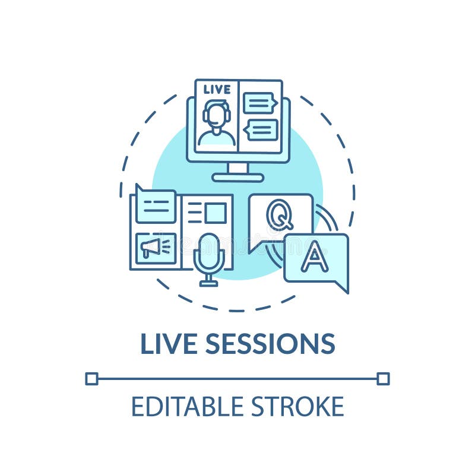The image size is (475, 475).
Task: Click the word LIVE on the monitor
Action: pos(217,90)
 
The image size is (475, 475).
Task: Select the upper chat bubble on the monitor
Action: pos(259,103)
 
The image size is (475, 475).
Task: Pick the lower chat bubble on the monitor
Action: pos(262,129)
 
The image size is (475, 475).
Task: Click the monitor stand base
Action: pos(237,177)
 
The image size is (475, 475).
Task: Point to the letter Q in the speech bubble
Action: pos(279,215)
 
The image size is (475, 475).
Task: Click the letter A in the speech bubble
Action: pos(315,257)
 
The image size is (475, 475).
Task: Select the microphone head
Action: pos(209,250)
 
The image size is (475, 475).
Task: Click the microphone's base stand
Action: pos(208,283)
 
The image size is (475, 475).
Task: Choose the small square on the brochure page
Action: pos(215,213)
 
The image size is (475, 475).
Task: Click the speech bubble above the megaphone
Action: pos(155,205)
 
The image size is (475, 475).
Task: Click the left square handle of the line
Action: pos(91,378)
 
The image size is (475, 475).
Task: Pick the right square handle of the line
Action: pos(384,378)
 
